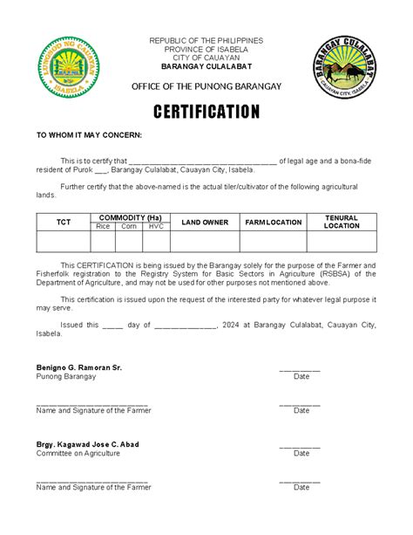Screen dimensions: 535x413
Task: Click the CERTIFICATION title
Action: coord(206,112)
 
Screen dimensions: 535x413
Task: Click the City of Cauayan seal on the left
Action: coord(67,67)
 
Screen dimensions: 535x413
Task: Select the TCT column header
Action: coord(64,222)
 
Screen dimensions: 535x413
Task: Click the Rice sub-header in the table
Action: coord(103,226)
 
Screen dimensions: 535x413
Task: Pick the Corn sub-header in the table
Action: coord(129,226)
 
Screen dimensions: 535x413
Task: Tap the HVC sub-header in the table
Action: coord(155,226)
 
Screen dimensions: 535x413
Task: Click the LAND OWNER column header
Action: coord(205,222)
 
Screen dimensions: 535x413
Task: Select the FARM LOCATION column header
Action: coord(273,222)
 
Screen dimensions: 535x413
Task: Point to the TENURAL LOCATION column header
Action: coord(342,222)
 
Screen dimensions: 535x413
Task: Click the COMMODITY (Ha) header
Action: coord(130,216)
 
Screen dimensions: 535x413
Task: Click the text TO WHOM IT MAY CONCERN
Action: coord(88,136)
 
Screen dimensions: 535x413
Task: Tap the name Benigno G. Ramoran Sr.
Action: coord(78,367)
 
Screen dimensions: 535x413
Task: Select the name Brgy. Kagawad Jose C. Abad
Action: coord(87,444)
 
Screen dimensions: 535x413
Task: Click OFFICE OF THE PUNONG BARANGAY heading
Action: coord(206,86)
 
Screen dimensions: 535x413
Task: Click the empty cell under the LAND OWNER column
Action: coord(205,241)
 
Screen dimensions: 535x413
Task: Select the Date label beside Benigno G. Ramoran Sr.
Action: coord(301,377)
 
